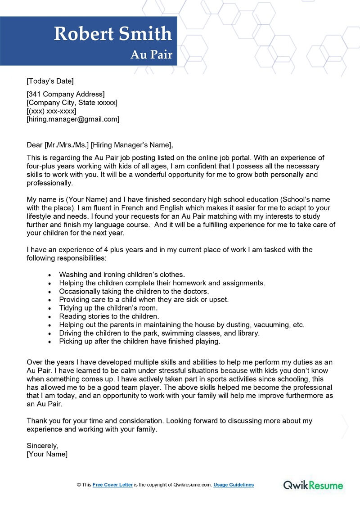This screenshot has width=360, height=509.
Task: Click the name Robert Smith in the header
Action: (x=113, y=34)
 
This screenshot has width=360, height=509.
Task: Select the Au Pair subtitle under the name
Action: (x=151, y=54)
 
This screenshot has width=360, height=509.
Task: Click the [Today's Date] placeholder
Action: (x=50, y=81)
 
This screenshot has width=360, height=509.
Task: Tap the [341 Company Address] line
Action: (x=66, y=94)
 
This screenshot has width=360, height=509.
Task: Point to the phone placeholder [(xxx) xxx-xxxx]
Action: (x=51, y=111)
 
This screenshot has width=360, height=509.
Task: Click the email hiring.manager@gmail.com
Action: (x=73, y=119)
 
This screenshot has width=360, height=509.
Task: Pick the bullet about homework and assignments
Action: (x=162, y=283)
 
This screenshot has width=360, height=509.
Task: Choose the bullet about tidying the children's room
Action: (x=108, y=308)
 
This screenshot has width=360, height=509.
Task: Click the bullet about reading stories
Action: (x=109, y=316)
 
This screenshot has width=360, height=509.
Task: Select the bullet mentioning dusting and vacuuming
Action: (x=182, y=324)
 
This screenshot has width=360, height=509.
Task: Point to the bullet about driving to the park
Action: (x=159, y=333)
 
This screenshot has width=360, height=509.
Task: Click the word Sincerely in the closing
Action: (x=43, y=446)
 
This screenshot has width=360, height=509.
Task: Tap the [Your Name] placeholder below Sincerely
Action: (x=47, y=454)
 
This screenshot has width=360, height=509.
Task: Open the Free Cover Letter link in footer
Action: (x=112, y=485)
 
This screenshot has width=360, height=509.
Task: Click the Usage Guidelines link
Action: (x=233, y=485)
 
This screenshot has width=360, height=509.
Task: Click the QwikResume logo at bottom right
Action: (x=313, y=485)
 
